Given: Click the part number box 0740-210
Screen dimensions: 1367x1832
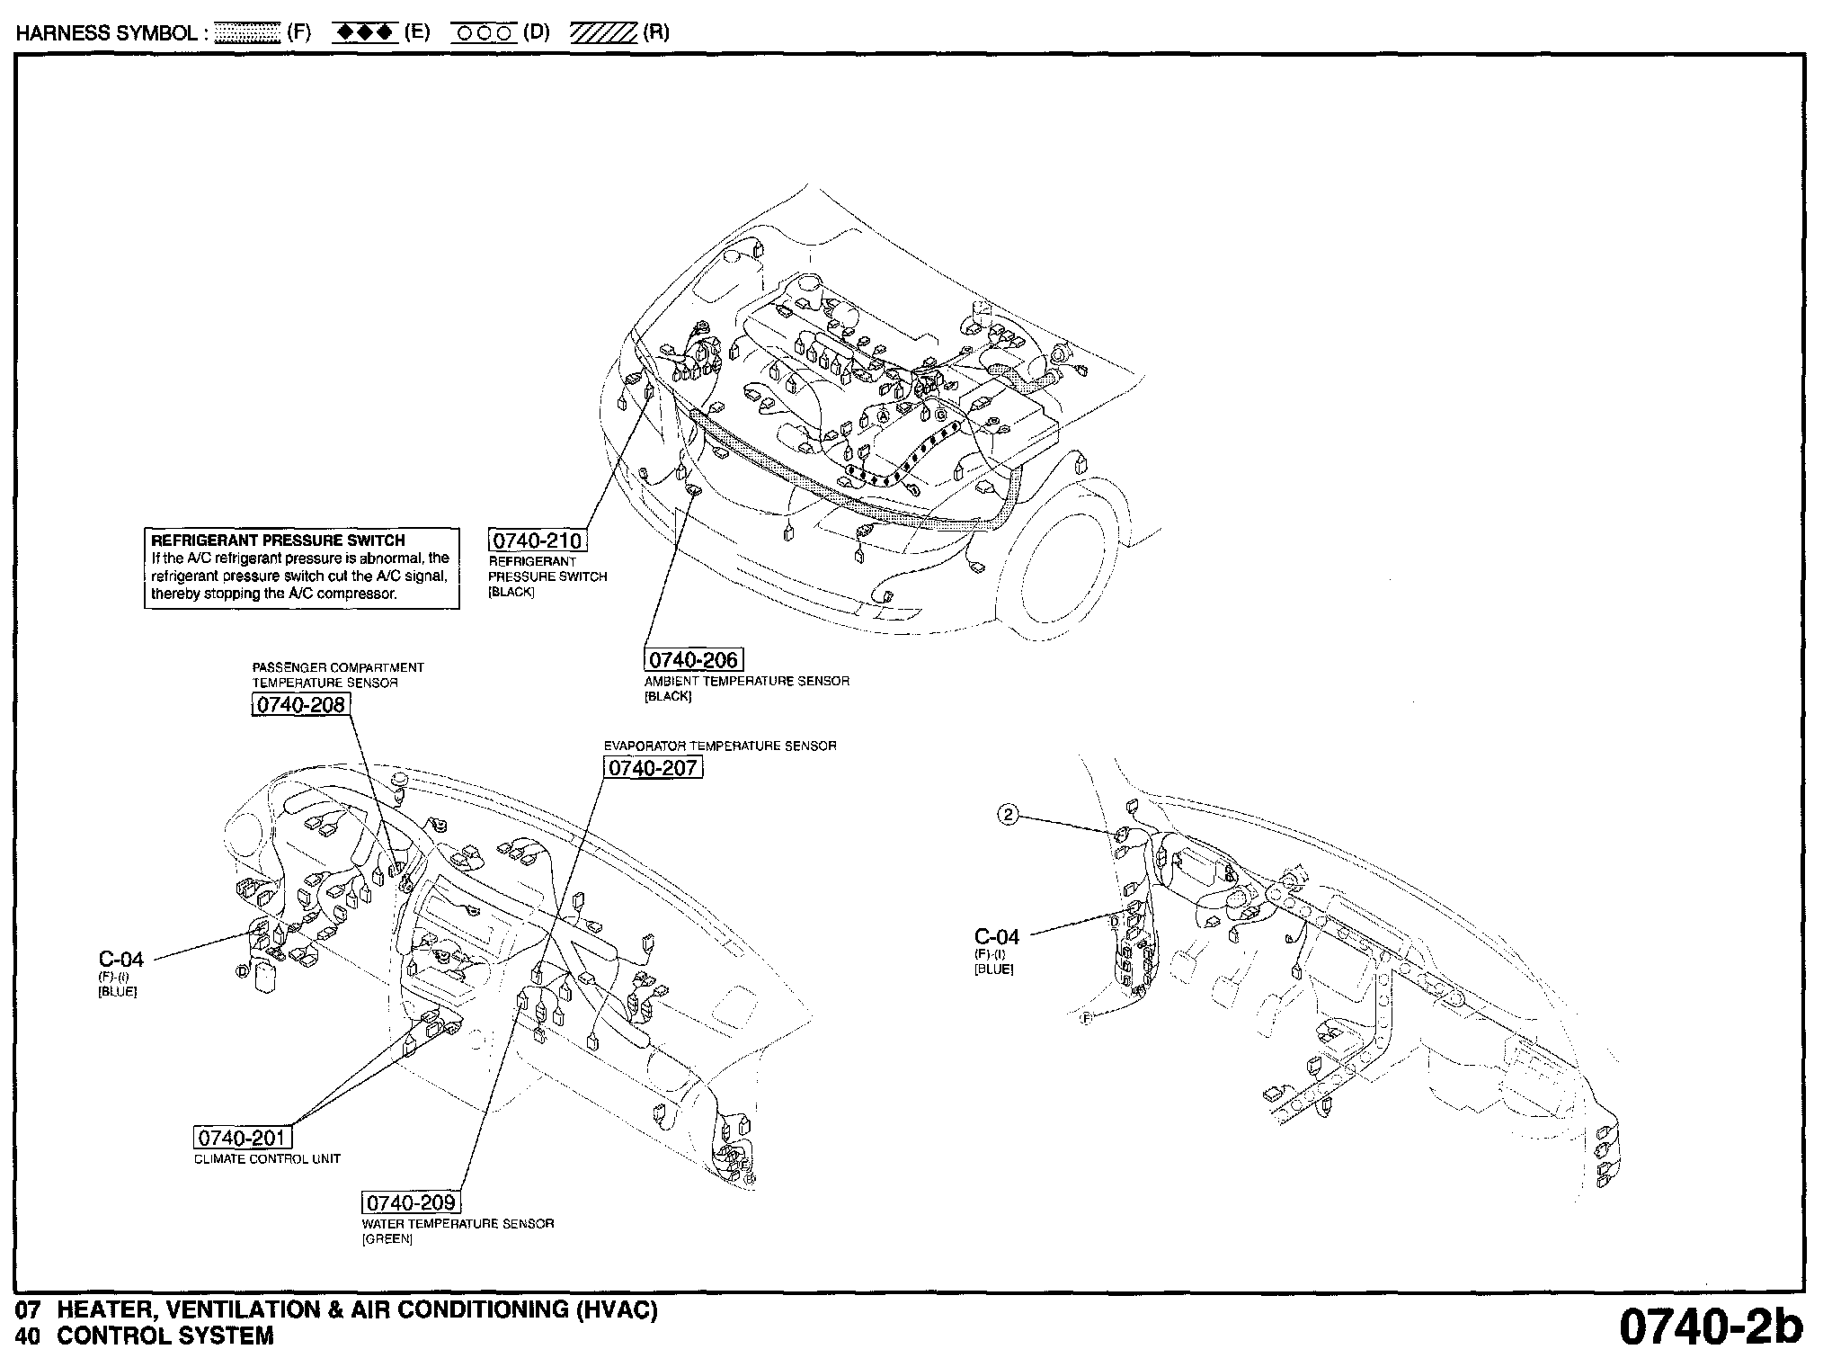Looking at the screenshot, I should point(538,541).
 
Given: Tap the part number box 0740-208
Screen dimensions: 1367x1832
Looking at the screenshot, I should point(300,705).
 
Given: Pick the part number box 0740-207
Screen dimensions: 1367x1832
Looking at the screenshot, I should point(653,768).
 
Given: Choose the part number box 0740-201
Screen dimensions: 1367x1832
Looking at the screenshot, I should point(242,1139).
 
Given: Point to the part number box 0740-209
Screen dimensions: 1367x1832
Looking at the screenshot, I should point(411,1202).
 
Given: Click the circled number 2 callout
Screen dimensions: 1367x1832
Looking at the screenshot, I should point(1009,816).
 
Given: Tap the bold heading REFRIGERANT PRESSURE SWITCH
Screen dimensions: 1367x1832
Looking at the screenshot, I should point(278,541).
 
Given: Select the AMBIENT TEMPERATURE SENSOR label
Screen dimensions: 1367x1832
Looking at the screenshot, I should point(746,682).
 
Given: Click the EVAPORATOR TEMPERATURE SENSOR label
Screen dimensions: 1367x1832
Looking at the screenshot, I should point(720,746).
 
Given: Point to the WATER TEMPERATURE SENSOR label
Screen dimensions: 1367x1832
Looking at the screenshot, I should point(458,1224).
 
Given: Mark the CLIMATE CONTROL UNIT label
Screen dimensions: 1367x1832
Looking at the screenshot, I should point(268,1159).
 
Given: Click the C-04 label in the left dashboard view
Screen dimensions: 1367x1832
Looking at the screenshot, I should point(120,960).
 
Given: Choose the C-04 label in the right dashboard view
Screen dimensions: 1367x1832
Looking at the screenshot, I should point(997,937).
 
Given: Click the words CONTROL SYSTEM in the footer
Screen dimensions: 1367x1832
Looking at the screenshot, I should point(165,1336).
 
